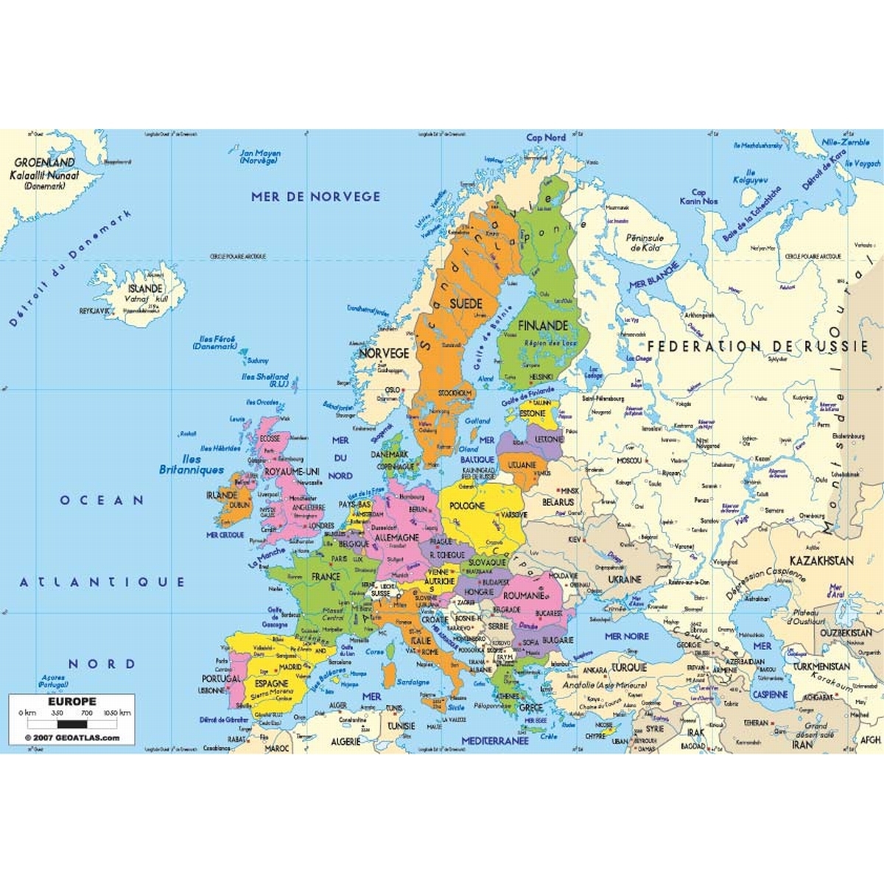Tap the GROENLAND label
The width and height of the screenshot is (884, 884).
click(45, 164)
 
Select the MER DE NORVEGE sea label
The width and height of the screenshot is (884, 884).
click(316, 197)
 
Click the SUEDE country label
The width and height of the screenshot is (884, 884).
click(466, 304)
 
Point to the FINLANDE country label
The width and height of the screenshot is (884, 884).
click(542, 325)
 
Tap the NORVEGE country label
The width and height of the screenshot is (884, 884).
click(383, 354)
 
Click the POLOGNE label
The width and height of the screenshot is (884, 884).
click(467, 506)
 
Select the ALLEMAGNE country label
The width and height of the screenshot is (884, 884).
click(396, 539)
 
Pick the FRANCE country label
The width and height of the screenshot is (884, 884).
click(325, 575)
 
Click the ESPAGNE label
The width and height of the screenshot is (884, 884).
click(272, 684)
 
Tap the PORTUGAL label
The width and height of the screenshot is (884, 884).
click(220, 678)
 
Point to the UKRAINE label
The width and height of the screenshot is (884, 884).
click(624, 580)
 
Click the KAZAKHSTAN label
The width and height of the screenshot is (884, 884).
click(821, 561)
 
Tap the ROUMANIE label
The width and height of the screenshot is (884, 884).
click(523, 595)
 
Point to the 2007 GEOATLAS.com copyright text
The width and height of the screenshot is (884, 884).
click(71, 737)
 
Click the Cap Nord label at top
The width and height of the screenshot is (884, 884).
click(546, 138)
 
